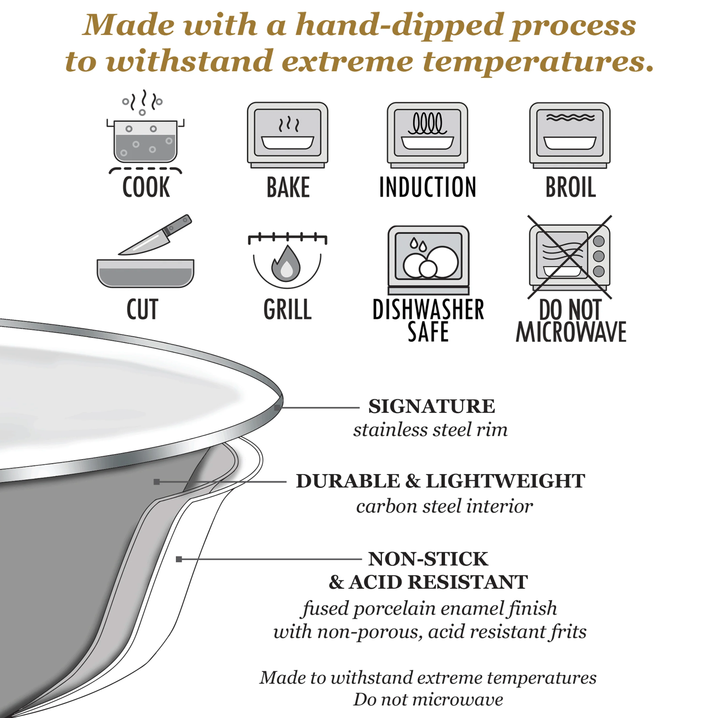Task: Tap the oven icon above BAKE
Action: [x=287, y=135]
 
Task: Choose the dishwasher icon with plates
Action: [x=428, y=260]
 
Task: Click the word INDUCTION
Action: [x=428, y=187]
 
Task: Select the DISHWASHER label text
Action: [x=428, y=309]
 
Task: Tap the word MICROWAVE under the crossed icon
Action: [x=571, y=332]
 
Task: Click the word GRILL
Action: [x=287, y=309]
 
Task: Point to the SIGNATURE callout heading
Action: [x=432, y=406]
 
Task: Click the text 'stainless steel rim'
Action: [x=430, y=430]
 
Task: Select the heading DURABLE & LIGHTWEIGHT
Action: [x=441, y=481]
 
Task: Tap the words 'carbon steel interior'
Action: [x=445, y=506]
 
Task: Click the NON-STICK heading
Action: [x=428, y=559]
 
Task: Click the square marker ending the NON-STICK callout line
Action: [x=179, y=559]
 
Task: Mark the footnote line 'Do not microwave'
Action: [x=428, y=699]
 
